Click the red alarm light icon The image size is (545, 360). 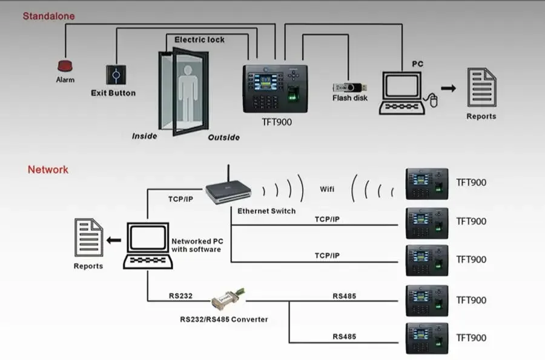[x=65, y=65]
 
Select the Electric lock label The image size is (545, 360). [x=199, y=40]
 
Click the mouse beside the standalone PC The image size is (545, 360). [x=433, y=99]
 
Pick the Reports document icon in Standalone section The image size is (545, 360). [x=481, y=87]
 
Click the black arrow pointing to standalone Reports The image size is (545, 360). [x=448, y=88]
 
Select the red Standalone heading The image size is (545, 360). [x=48, y=16]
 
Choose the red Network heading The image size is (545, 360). [x=48, y=170]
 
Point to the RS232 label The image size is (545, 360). [x=180, y=296]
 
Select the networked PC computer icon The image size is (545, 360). [x=148, y=245]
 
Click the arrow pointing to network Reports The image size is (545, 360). [x=113, y=241]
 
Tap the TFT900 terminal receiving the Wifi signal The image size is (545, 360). [x=427, y=184]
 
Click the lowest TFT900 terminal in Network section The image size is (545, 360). [x=427, y=338]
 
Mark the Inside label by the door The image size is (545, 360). [x=145, y=136]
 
